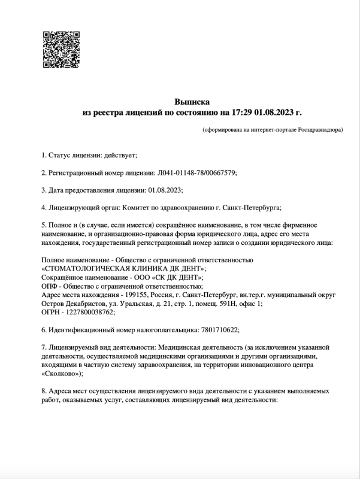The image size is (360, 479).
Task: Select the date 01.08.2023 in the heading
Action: [x=274, y=112]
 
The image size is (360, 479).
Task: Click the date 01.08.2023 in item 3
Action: [x=164, y=190]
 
